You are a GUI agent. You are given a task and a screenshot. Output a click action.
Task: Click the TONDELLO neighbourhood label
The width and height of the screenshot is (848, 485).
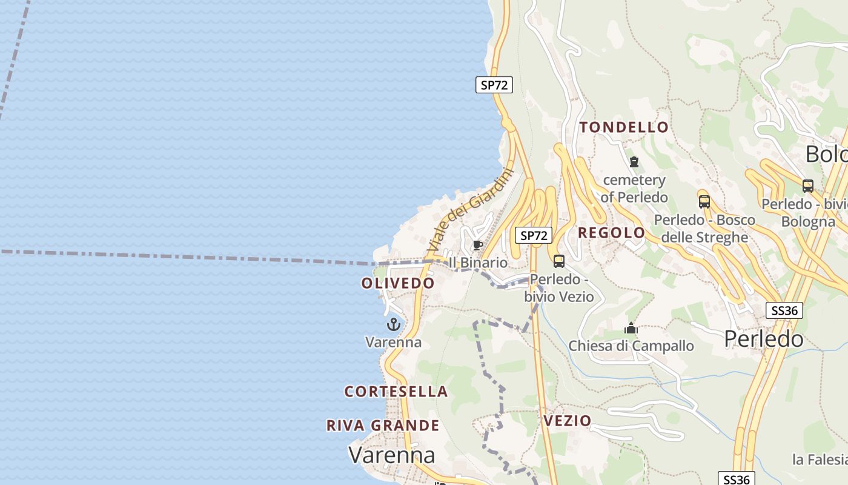[x=624, y=127]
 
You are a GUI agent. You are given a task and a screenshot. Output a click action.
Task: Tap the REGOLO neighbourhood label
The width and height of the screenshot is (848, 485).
[x=612, y=233]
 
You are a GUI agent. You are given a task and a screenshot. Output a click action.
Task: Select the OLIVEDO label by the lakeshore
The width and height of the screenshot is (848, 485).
[x=398, y=283]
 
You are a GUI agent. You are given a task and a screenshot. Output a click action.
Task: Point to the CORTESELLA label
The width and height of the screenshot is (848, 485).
[x=396, y=392]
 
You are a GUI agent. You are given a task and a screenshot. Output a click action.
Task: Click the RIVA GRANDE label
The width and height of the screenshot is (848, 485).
[x=383, y=426]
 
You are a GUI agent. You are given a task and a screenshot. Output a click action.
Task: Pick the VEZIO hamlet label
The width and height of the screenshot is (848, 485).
[x=568, y=421]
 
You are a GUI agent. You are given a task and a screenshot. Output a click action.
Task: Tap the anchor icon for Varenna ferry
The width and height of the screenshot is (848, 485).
[x=394, y=324]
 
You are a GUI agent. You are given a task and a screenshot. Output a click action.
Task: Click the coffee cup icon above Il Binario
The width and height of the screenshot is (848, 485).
[x=477, y=246]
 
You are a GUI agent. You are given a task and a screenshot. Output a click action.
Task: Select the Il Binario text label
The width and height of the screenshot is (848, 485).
[x=478, y=263]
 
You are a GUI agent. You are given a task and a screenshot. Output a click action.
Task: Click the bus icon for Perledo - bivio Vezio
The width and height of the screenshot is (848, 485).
[x=558, y=261]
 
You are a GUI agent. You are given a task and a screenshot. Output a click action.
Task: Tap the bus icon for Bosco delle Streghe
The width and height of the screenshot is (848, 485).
[x=704, y=201]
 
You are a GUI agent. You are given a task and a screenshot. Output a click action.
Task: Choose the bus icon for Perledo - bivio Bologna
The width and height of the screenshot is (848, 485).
[x=807, y=186]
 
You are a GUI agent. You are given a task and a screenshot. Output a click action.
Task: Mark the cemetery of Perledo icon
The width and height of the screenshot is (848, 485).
[x=634, y=162]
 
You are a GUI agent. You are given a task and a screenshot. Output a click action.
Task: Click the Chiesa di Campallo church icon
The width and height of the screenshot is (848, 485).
[x=631, y=328]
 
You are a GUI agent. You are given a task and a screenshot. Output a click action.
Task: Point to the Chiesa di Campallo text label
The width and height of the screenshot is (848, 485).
[x=631, y=346]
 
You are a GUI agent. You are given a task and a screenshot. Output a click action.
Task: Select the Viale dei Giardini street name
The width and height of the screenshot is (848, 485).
[x=469, y=212]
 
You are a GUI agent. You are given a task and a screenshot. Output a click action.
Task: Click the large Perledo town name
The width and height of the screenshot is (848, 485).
[x=764, y=339]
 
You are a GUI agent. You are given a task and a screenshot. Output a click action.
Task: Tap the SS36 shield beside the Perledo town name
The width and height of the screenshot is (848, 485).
[x=784, y=311]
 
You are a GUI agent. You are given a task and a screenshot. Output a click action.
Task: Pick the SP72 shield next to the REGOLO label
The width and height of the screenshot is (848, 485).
[x=534, y=235]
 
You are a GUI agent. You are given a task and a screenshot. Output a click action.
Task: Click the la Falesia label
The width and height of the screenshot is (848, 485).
[x=820, y=460]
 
